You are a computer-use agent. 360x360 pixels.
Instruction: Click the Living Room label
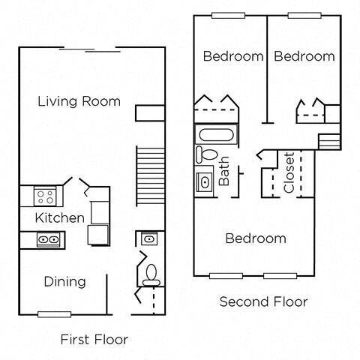coord(79,101)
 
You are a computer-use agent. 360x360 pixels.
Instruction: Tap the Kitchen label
coord(60,218)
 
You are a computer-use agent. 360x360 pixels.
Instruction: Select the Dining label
coord(64,282)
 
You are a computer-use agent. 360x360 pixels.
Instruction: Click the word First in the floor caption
coord(75,338)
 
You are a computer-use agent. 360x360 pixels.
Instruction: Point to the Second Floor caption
coord(263,302)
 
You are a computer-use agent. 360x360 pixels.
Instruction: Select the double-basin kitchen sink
coord(49,240)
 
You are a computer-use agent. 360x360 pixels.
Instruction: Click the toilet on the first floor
coord(151,273)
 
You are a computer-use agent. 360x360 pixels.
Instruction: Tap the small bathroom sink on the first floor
coord(148,240)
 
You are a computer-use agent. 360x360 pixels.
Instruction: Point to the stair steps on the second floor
coord(329,142)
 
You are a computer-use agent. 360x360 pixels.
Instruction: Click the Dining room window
coord(54,313)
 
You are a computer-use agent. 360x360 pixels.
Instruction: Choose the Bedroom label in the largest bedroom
coord(256,238)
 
